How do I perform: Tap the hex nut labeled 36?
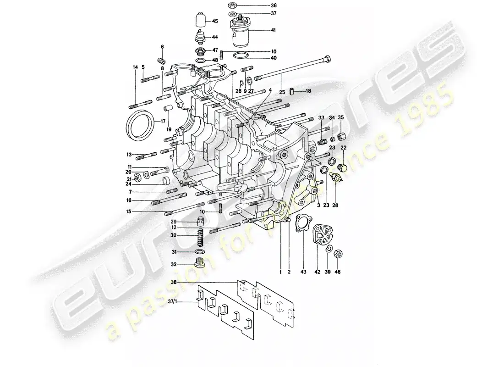tap(231, 6)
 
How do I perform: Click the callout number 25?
tap(282, 93)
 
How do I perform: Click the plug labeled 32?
tap(199, 264)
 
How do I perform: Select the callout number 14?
tap(135, 67)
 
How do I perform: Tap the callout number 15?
tap(129, 211)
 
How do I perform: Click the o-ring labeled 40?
tap(241, 57)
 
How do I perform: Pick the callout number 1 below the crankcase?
tap(280, 272)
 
